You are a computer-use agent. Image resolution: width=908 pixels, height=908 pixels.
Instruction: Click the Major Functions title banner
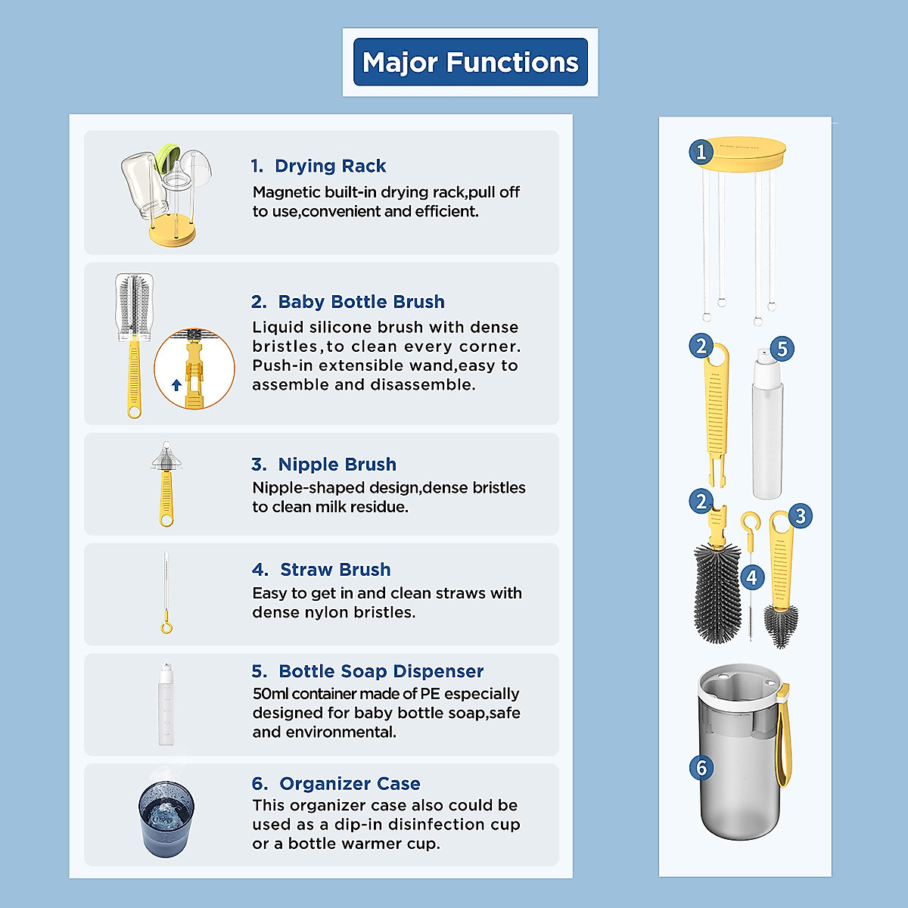470,62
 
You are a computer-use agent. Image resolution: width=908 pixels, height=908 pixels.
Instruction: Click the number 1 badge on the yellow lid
701,152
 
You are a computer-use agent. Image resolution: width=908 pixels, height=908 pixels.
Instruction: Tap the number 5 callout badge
782,349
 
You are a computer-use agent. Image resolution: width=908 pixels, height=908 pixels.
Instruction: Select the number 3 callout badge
801,516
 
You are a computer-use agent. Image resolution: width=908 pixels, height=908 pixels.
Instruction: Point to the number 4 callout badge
751,577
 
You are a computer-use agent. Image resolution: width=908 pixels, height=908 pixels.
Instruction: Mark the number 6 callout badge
701,768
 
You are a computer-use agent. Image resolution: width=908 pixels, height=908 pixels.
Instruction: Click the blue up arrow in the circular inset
176,385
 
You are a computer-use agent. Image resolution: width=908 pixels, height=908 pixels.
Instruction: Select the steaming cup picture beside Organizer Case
166,817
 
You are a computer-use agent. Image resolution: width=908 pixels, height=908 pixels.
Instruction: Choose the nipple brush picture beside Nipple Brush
166,484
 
